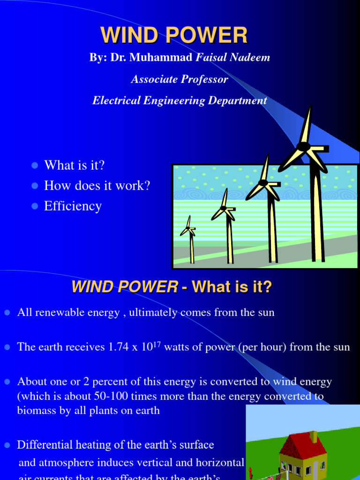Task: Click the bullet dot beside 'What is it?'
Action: click(x=34, y=165)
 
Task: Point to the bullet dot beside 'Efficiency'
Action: click(x=34, y=206)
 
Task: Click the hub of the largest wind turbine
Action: click(x=303, y=147)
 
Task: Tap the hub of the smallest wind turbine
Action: click(x=188, y=228)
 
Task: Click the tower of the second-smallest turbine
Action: click(x=230, y=239)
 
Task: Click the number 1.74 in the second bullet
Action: click(x=121, y=347)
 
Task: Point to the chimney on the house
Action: click(x=314, y=437)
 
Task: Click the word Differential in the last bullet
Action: click(x=44, y=444)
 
